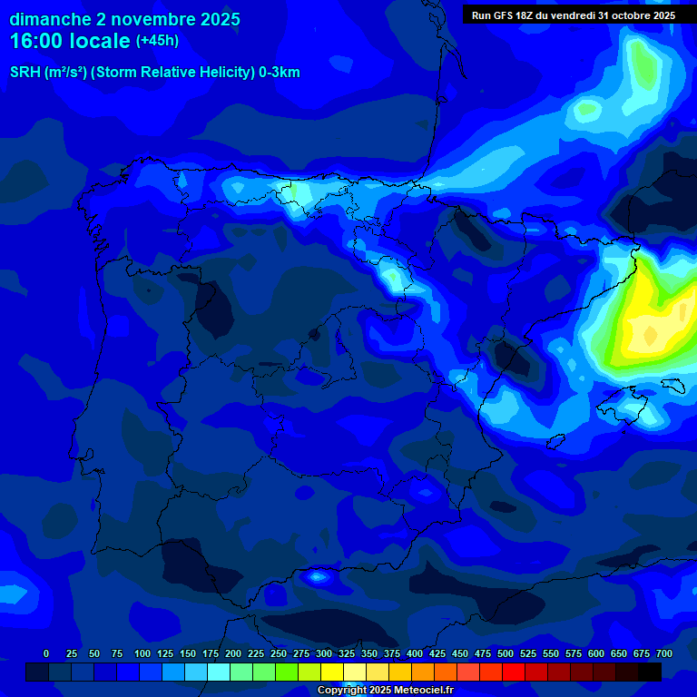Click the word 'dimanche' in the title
(50, 19)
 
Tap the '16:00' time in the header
(35, 41)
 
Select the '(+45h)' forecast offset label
(158, 41)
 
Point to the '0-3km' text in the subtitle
(279, 73)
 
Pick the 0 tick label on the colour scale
(46, 653)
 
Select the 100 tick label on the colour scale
(142, 653)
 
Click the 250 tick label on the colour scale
(279, 653)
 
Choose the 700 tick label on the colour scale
(664, 653)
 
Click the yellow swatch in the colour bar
(332, 672)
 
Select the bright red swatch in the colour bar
(514, 672)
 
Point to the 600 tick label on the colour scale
(596, 653)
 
